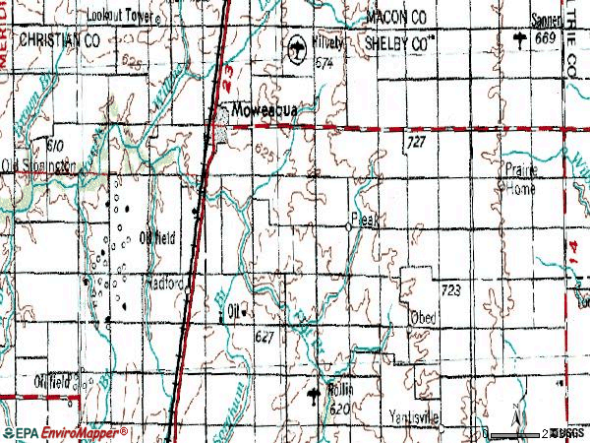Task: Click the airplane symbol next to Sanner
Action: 518,37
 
